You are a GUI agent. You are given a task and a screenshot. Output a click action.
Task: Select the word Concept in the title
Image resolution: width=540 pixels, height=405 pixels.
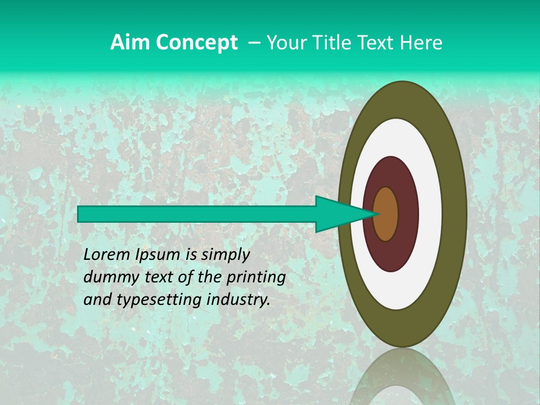click(197, 43)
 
